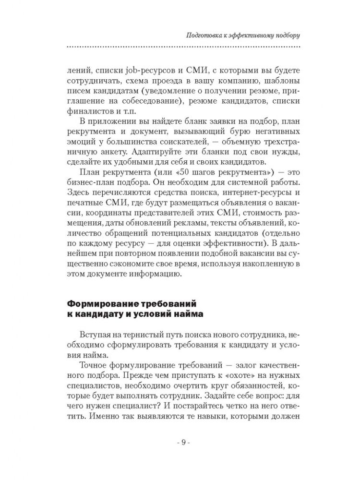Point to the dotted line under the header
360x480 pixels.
183,47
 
